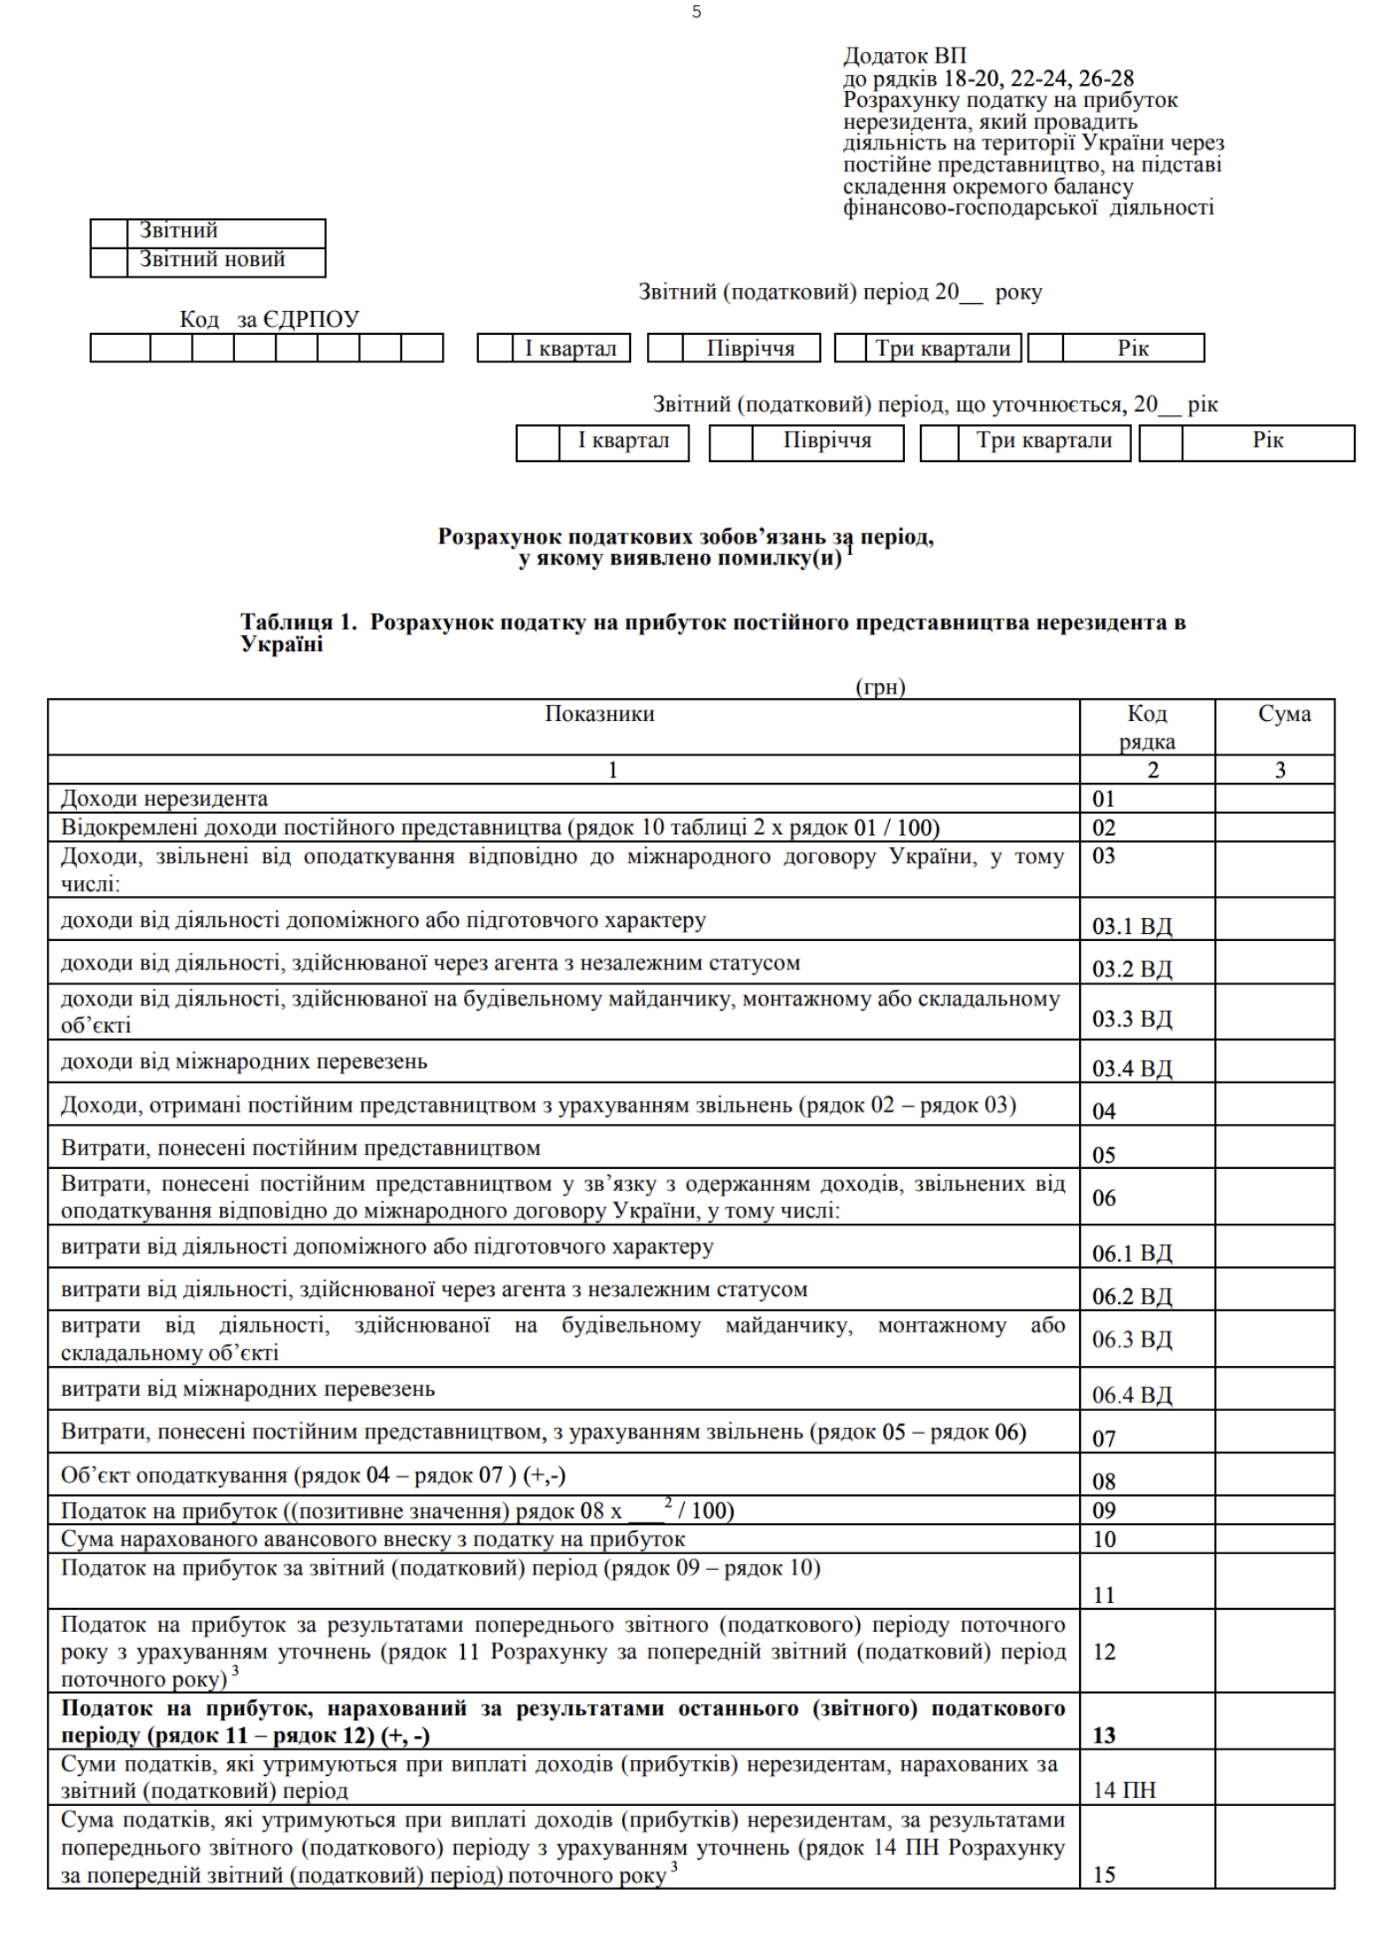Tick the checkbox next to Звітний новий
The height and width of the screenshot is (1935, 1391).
[109, 262]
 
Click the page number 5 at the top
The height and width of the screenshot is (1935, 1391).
[696, 12]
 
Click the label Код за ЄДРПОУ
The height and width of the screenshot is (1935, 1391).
[269, 319]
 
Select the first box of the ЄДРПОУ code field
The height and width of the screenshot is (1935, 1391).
[120, 348]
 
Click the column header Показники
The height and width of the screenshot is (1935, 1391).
[599, 714]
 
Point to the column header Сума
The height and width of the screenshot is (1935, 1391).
[1283, 714]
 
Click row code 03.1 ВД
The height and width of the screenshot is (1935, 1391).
[1131, 926]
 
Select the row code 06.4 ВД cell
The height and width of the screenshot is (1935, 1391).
[1131, 1394]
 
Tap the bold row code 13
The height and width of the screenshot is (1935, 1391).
[1105, 1734]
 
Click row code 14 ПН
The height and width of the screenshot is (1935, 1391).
[1123, 1790]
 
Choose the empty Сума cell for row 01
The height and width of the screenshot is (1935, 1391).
[1274, 799]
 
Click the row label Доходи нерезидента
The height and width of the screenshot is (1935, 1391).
[164, 799]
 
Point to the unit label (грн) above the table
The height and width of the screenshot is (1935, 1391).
[880, 687]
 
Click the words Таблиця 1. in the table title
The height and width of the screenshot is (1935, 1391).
[299, 622]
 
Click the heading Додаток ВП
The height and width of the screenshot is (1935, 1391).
[904, 57]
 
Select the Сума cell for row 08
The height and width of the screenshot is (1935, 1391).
[1274, 1474]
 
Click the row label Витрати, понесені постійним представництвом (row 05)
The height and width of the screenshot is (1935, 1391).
[300, 1149]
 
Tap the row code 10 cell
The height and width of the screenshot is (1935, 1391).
[1105, 1539]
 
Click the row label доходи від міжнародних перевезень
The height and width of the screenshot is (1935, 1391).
[244, 1061]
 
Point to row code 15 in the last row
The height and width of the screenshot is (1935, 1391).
[1105, 1873]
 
